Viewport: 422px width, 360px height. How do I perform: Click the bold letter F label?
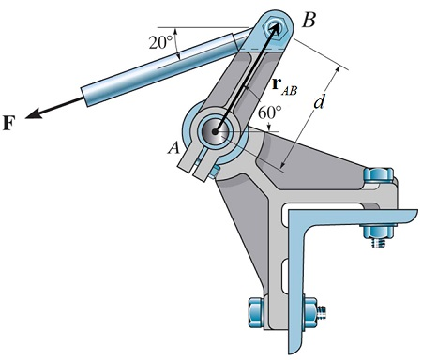10,123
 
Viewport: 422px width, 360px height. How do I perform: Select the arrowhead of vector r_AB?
278,29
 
